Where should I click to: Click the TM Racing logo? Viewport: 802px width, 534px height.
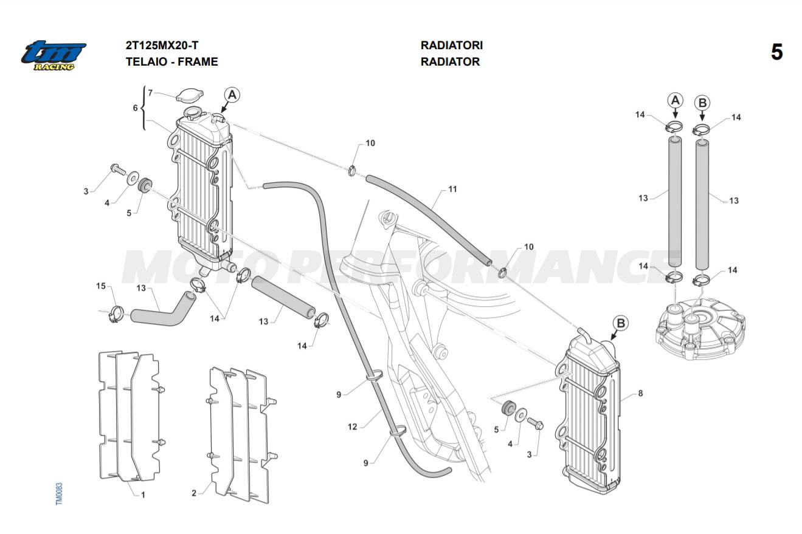coord(54,55)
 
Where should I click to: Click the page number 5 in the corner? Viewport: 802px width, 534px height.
coord(776,52)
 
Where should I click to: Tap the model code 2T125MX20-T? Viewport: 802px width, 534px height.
coord(162,46)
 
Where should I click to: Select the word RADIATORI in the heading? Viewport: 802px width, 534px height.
coord(451,46)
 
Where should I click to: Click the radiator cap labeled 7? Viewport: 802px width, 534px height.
coord(190,95)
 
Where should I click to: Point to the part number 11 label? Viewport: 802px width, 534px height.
coord(452,190)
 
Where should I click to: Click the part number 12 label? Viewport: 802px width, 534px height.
coord(353,427)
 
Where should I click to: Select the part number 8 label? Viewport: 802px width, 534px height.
coord(640,394)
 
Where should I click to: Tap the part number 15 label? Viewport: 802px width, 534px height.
coord(101,286)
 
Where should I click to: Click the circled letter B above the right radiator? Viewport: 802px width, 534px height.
coord(620,323)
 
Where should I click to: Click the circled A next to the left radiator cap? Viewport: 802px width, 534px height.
coord(232,95)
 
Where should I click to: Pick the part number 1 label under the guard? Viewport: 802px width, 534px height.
coord(143,495)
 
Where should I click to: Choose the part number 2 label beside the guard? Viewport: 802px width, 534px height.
coord(194,493)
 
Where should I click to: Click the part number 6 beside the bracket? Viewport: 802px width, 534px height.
coord(136,108)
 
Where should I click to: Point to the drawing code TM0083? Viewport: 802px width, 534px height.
coord(59,493)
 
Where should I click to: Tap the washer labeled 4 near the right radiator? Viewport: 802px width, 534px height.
coord(521,417)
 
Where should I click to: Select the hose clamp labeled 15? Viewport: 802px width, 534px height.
coord(115,315)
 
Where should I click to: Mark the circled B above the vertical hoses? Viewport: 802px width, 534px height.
coord(702,103)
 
